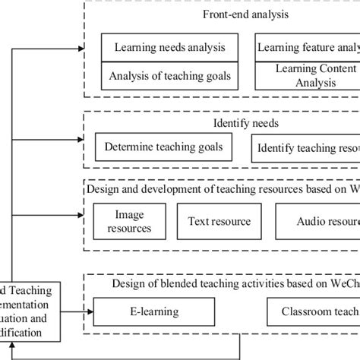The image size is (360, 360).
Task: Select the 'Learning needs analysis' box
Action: pos(169,47)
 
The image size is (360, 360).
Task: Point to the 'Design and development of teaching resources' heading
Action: pos(220,188)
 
